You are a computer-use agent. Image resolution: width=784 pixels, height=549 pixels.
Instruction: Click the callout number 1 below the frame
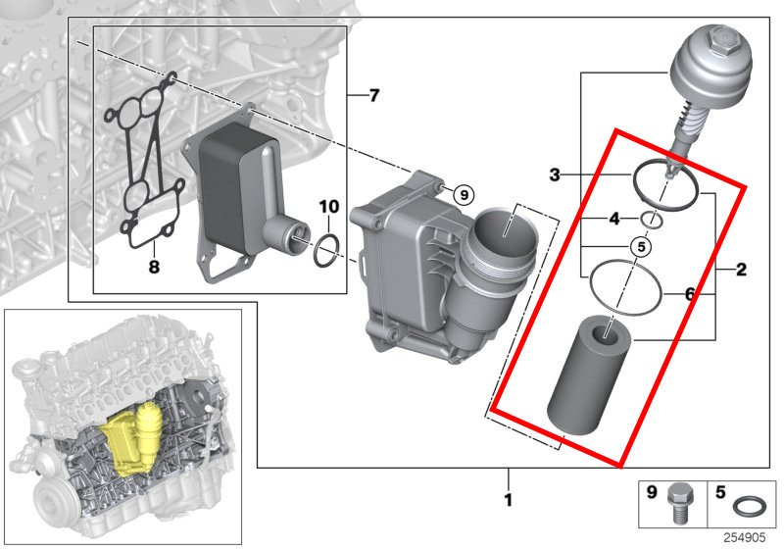pos(508,501)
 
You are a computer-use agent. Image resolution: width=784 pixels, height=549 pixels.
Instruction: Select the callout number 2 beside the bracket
pos(741,268)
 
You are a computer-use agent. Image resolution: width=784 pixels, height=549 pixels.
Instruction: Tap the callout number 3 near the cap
pos(555,175)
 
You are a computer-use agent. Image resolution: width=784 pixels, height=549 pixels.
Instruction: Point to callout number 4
pos(614,219)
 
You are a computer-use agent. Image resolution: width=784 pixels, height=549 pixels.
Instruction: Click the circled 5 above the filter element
pos(639,246)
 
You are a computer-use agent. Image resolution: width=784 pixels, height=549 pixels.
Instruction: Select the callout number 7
pos(372,95)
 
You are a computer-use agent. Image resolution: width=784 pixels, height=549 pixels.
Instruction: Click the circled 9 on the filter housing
pos(465,193)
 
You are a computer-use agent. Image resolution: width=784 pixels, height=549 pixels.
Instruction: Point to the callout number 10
pos(328,207)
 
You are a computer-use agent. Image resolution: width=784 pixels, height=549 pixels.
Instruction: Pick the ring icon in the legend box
pos(748,507)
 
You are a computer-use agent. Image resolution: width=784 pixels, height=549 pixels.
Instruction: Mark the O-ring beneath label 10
pos(328,249)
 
